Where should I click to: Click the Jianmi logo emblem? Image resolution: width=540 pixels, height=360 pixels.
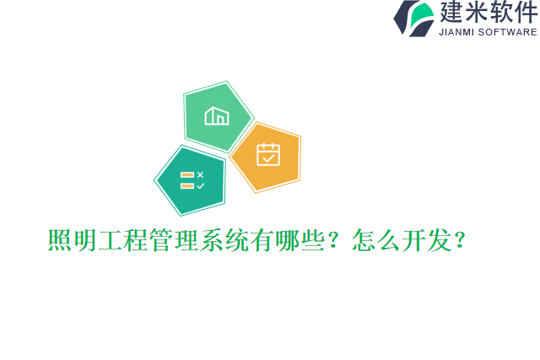click(x=413, y=18)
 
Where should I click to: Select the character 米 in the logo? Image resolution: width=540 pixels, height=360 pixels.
click(x=477, y=13)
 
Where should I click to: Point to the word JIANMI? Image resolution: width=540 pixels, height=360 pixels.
click(x=458, y=32)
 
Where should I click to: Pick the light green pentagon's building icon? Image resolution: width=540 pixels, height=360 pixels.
click(x=217, y=116)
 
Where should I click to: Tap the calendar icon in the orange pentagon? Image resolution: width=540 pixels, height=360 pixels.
click(x=267, y=154)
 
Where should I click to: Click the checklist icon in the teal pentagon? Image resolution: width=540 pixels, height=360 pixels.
click(x=192, y=180)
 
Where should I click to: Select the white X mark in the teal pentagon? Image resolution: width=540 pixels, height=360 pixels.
click(x=200, y=175)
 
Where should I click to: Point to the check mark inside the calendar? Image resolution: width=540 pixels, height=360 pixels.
click(x=268, y=158)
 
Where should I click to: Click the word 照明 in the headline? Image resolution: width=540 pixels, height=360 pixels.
click(x=73, y=241)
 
